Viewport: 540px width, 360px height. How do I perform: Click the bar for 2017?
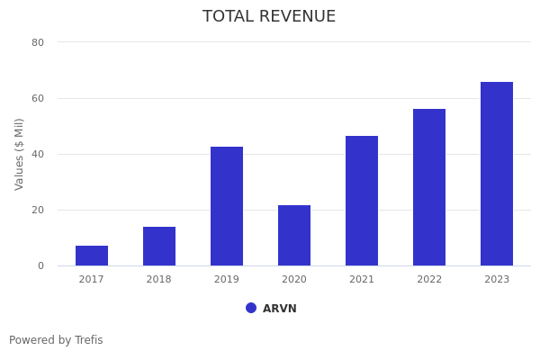pos(92,256)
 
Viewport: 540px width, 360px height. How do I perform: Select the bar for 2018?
pos(159,247)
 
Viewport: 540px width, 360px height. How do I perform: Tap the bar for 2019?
pos(227,206)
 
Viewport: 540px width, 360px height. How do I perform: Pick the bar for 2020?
pos(294,236)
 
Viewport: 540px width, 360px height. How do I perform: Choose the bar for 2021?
pos(362,201)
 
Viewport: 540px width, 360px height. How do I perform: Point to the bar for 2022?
pos(429,187)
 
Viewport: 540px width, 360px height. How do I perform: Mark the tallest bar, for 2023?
pos(497,174)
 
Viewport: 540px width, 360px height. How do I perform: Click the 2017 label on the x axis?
pos(92,280)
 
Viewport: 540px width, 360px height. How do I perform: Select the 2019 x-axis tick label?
pos(227,280)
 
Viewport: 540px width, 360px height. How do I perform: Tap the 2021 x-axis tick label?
pos(362,280)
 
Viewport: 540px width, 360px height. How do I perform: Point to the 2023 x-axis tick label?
pos(497,280)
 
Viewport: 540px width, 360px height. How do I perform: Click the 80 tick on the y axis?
pos(38,42)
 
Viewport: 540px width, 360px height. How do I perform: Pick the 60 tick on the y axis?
pos(38,98)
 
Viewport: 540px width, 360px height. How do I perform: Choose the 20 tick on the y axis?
pos(38,210)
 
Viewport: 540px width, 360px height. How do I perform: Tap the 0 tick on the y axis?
pos(40,265)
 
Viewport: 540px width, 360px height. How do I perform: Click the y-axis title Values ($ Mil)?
pos(20,154)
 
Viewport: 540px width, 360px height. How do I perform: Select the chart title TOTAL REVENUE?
pos(269,17)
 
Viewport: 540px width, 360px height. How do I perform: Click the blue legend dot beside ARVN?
pos(251,308)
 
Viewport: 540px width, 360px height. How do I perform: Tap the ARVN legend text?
pos(280,309)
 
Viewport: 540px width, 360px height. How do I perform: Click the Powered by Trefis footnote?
pos(56,340)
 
